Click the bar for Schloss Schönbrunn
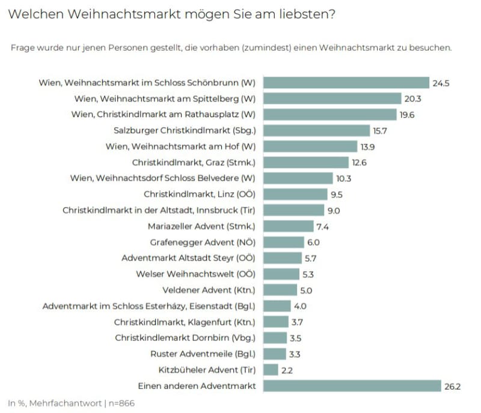[x=346, y=82]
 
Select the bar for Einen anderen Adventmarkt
[x=352, y=386]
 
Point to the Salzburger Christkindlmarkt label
[x=185, y=130]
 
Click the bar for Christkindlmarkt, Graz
[x=306, y=162]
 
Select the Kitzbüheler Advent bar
[x=270, y=370]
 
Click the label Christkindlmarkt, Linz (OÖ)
[x=200, y=194]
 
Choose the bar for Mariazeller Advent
[x=283, y=226]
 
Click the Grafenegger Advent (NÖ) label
[x=203, y=242]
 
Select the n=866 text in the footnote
[x=117, y=403]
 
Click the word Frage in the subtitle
[x=23, y=47]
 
